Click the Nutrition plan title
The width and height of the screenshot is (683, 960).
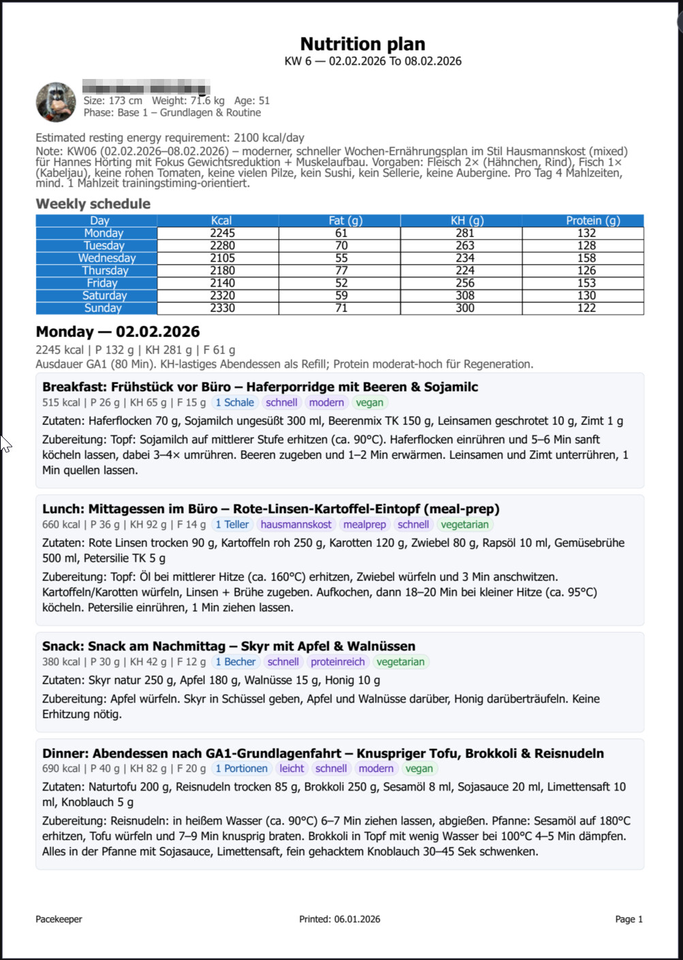362,44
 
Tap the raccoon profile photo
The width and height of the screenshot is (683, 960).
56,102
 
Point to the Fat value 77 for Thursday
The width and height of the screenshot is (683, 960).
341,270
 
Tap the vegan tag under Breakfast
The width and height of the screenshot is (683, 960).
369,402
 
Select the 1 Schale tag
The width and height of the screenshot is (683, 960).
234,402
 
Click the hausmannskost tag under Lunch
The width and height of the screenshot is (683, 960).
296,524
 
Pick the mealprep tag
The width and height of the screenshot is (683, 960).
364,524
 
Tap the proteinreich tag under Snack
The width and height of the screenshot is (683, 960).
338,662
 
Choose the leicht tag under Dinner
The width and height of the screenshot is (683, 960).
291,769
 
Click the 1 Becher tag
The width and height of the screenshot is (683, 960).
235,662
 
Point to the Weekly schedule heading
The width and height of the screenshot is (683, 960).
93,204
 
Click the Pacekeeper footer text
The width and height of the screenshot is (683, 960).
59,919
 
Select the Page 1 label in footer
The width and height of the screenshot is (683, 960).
629,919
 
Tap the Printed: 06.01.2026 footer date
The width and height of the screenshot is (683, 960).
340,919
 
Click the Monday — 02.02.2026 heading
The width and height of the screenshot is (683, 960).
118,332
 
